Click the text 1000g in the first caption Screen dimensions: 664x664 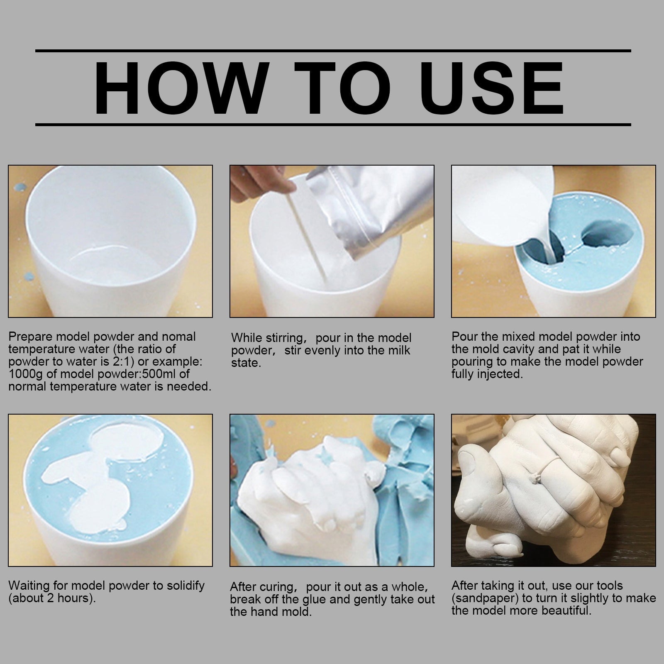point(24,374)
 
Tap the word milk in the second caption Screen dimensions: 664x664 point(397,350)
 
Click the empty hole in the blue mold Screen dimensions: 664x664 point(608,234)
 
